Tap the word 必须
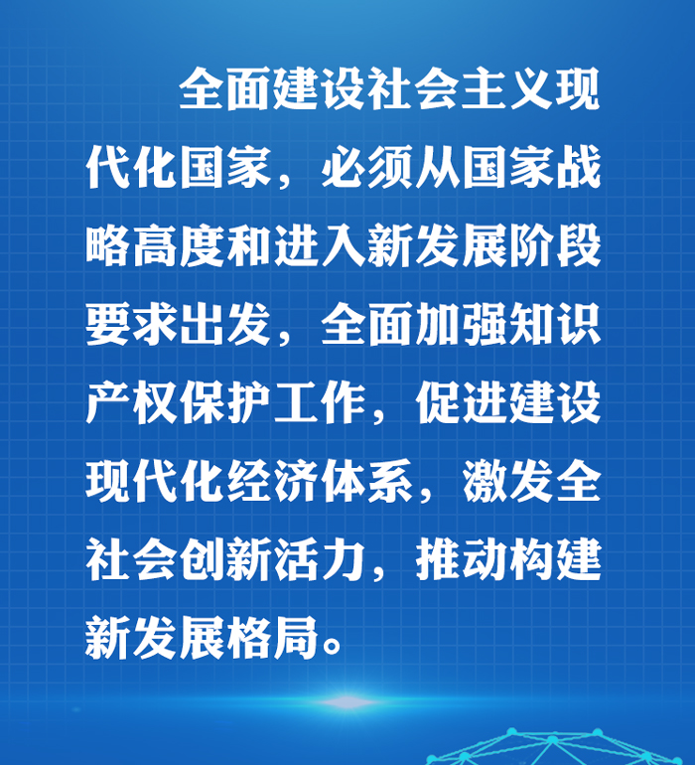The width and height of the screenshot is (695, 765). [366, 167]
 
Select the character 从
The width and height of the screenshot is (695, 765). [436, 167]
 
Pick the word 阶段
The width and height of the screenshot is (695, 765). [555, 245]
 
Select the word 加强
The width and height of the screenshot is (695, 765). [460, 324]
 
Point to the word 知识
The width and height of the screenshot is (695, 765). [555, 324]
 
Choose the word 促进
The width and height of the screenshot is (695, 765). [460, 403]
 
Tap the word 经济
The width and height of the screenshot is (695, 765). [272, 481]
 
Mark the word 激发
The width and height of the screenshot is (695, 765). [506, 481]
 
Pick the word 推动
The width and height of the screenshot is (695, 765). [460, 558]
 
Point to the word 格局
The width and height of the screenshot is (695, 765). [272, 637]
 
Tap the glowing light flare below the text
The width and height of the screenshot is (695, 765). [347, 702]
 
